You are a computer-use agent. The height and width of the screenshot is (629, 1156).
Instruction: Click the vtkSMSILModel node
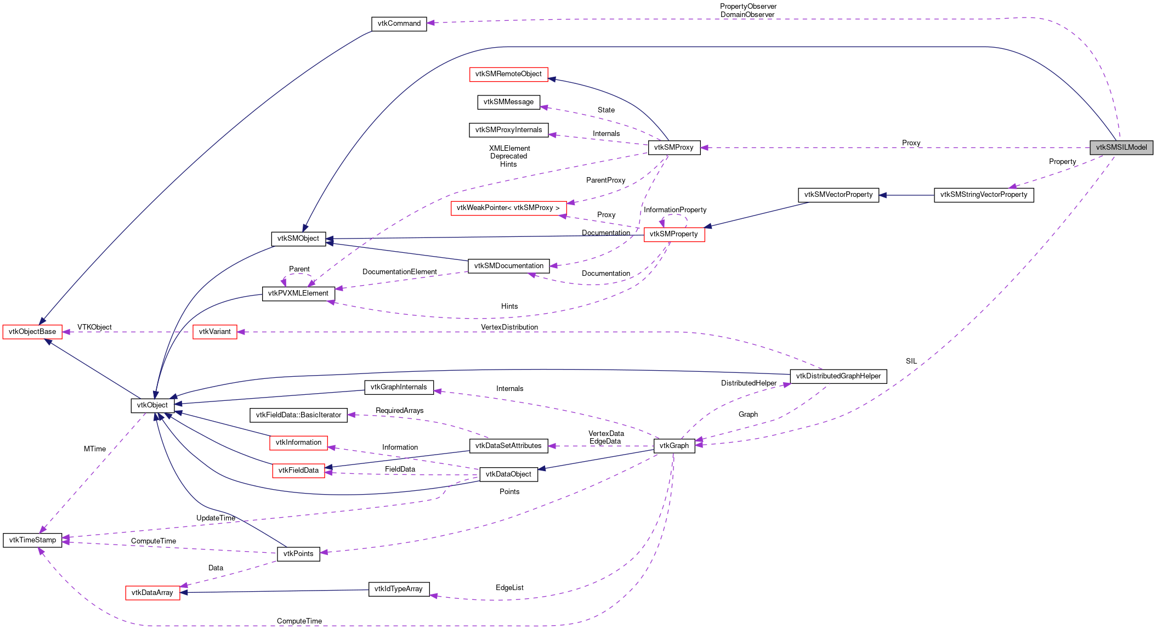pyautogui.click(x=1121, y=148)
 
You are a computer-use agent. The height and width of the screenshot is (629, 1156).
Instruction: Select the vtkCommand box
pyautogui.click(x=399, y=24)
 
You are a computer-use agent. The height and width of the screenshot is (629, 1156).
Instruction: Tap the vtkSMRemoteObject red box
pyautogui.click(x=508, y=74)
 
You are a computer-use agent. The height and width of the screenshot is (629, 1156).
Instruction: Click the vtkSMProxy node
pyautogui.click(x=673, y=148)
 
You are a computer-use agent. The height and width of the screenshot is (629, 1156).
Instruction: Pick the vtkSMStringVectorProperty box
pyautogui.click(x=983, y=195)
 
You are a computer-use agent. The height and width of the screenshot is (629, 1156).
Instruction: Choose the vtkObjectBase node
pyautogui.click(x=32, y=332)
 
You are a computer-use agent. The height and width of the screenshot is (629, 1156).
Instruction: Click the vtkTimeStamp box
pyautogui.click(x=32, y=540)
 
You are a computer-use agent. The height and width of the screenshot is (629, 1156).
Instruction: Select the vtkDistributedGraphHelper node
pyautogui.click(x=837, y=376)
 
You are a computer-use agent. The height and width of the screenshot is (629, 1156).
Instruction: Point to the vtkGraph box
pyautogui.click(x=674, y=446)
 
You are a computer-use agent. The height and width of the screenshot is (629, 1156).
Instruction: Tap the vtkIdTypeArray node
pyautogui.click(x=398, y=589)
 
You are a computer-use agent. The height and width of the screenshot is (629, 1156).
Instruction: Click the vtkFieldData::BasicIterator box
pyautogui.click(x=298, y=415)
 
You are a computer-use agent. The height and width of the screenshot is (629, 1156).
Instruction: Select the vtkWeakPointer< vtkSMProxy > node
pyautogui.click(x=508, y=208)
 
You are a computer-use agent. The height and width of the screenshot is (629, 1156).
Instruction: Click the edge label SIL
pyautogui.click(x=911, y=361)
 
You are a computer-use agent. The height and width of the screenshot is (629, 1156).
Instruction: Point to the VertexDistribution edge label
pyautogui.click(x=509, y=327)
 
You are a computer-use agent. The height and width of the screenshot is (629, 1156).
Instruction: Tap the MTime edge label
pyautogui.click(x=95, y=449)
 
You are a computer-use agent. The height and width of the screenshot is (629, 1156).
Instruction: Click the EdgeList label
pyautogui.click(x=509, y=588)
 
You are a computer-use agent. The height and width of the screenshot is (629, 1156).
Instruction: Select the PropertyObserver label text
pyautogui.click(x=748, y=7)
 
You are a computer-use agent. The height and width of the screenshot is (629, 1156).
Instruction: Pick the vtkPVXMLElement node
pyautogui.click(x=298, y=293)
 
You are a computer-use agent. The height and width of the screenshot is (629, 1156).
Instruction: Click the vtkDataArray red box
pyautogui.click(x=152, y=593)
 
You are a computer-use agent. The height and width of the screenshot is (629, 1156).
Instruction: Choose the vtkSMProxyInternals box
pyautogui.click(x=508, y=130)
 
